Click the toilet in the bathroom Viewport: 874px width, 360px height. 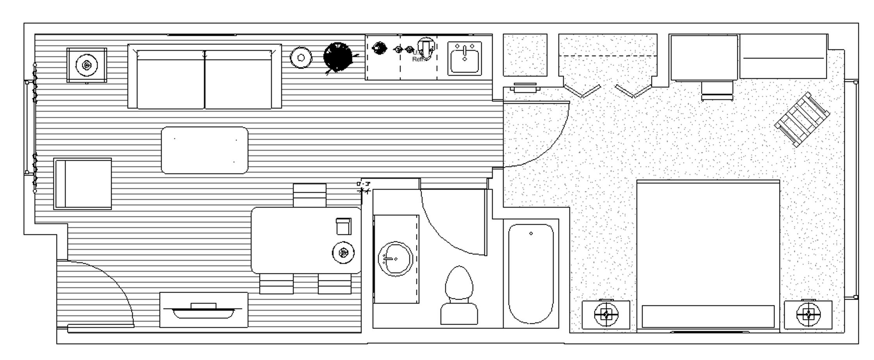(x=459, y=297)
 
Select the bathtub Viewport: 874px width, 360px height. (x=531, y=273)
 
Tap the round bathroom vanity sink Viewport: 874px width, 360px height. (x=395, y=258)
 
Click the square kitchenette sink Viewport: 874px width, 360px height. (x=464, y=59)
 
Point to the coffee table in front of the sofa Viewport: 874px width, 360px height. (x=204, y=150)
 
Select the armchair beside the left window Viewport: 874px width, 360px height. (x=83, y=184)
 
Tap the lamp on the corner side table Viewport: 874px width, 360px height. (x=86, y=65)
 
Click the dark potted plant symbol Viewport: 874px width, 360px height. (x=338, y=57)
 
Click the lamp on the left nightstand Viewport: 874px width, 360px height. (x=606, y=314)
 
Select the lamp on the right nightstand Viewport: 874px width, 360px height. (x=808, y=314)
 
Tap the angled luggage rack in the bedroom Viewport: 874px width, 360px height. (x=802, y=119)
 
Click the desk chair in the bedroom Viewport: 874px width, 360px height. (x=716, y=91)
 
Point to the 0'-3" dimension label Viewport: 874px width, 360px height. (x=363, y=184)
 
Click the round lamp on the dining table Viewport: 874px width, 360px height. (x=343, y=253)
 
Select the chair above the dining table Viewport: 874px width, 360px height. (x=309, y=195)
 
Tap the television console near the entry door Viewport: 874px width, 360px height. (x=203, y=310)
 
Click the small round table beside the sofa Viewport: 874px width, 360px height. (x=301, y=58)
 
